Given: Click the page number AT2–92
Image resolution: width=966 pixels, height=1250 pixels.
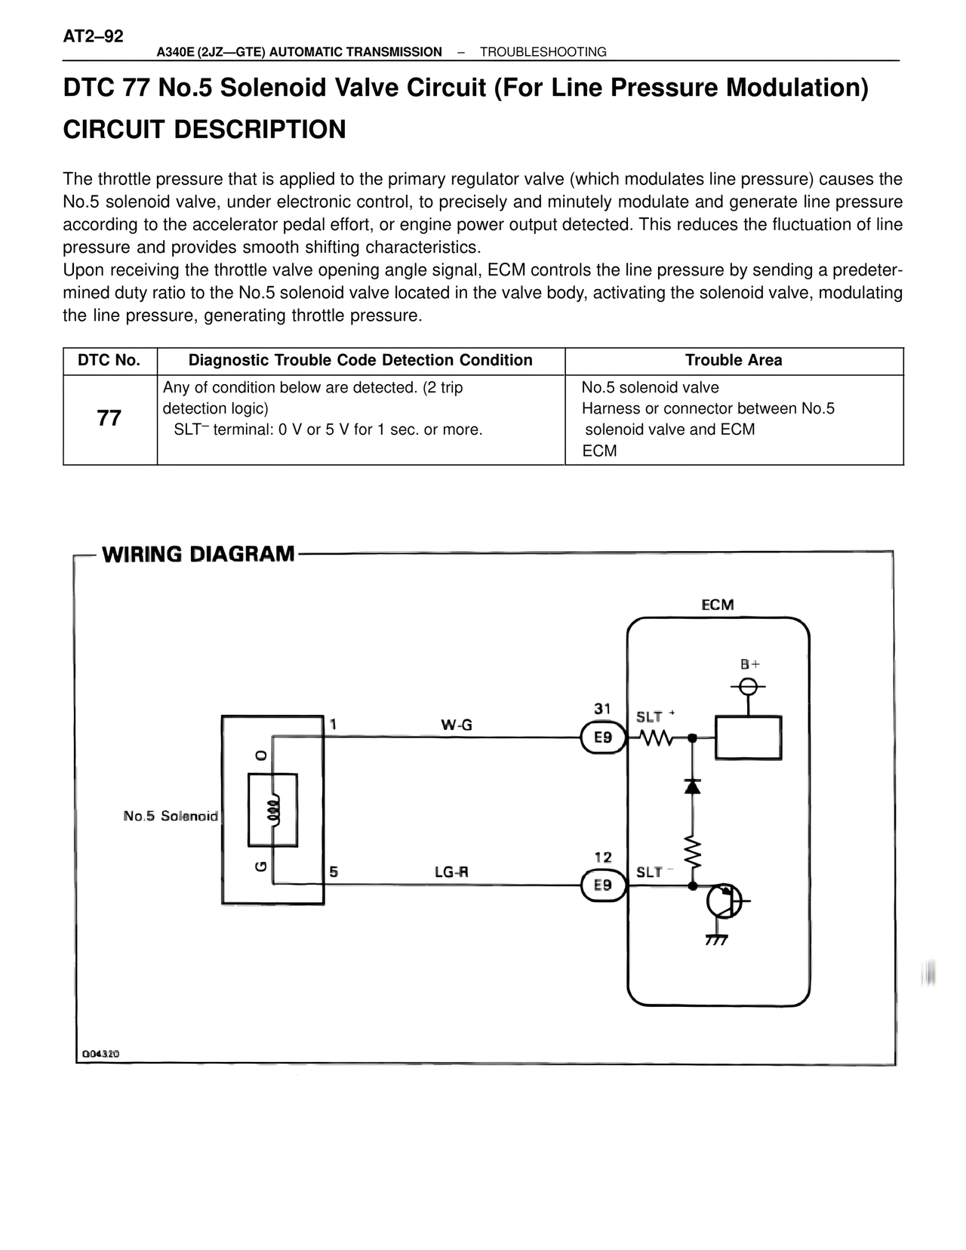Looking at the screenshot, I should [93, 36].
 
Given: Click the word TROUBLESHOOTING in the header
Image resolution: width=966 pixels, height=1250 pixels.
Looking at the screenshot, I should [543, 52].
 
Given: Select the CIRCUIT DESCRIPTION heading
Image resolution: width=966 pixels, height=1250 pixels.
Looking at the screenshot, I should [204, 130].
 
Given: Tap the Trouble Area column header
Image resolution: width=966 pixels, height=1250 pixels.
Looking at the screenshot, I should [734, 361].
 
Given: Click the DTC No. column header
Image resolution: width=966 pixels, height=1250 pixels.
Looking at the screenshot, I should [109, 361].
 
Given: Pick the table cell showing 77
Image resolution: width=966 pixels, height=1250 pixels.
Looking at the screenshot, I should [109, 418].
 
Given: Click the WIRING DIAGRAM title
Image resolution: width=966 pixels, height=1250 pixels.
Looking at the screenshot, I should [198, 554].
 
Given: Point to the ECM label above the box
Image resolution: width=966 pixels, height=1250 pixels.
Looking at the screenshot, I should [717, 605].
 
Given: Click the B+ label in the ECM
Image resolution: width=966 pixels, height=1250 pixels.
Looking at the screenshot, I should [749, 664].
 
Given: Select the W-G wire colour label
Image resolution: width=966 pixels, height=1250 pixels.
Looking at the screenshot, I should [457, 725].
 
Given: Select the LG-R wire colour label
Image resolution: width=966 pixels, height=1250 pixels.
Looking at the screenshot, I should [451, 872].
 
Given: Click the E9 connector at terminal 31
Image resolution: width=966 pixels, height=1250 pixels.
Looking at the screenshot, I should [603, 737].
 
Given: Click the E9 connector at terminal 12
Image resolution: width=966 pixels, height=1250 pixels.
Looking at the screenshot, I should [603, 885].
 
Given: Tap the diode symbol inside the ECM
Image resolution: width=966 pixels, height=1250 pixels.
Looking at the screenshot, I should [692, 787].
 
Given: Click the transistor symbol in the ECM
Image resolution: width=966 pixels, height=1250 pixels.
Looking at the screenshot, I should [724, 901].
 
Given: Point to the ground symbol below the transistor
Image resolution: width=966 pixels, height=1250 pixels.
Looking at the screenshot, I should [715, 940].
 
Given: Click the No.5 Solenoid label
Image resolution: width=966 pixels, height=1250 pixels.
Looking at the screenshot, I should [171, 816].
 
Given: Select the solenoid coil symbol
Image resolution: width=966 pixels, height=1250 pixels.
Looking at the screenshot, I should [273, 810].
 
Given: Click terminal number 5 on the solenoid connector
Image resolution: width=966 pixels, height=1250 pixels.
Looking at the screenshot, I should [334, 872].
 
